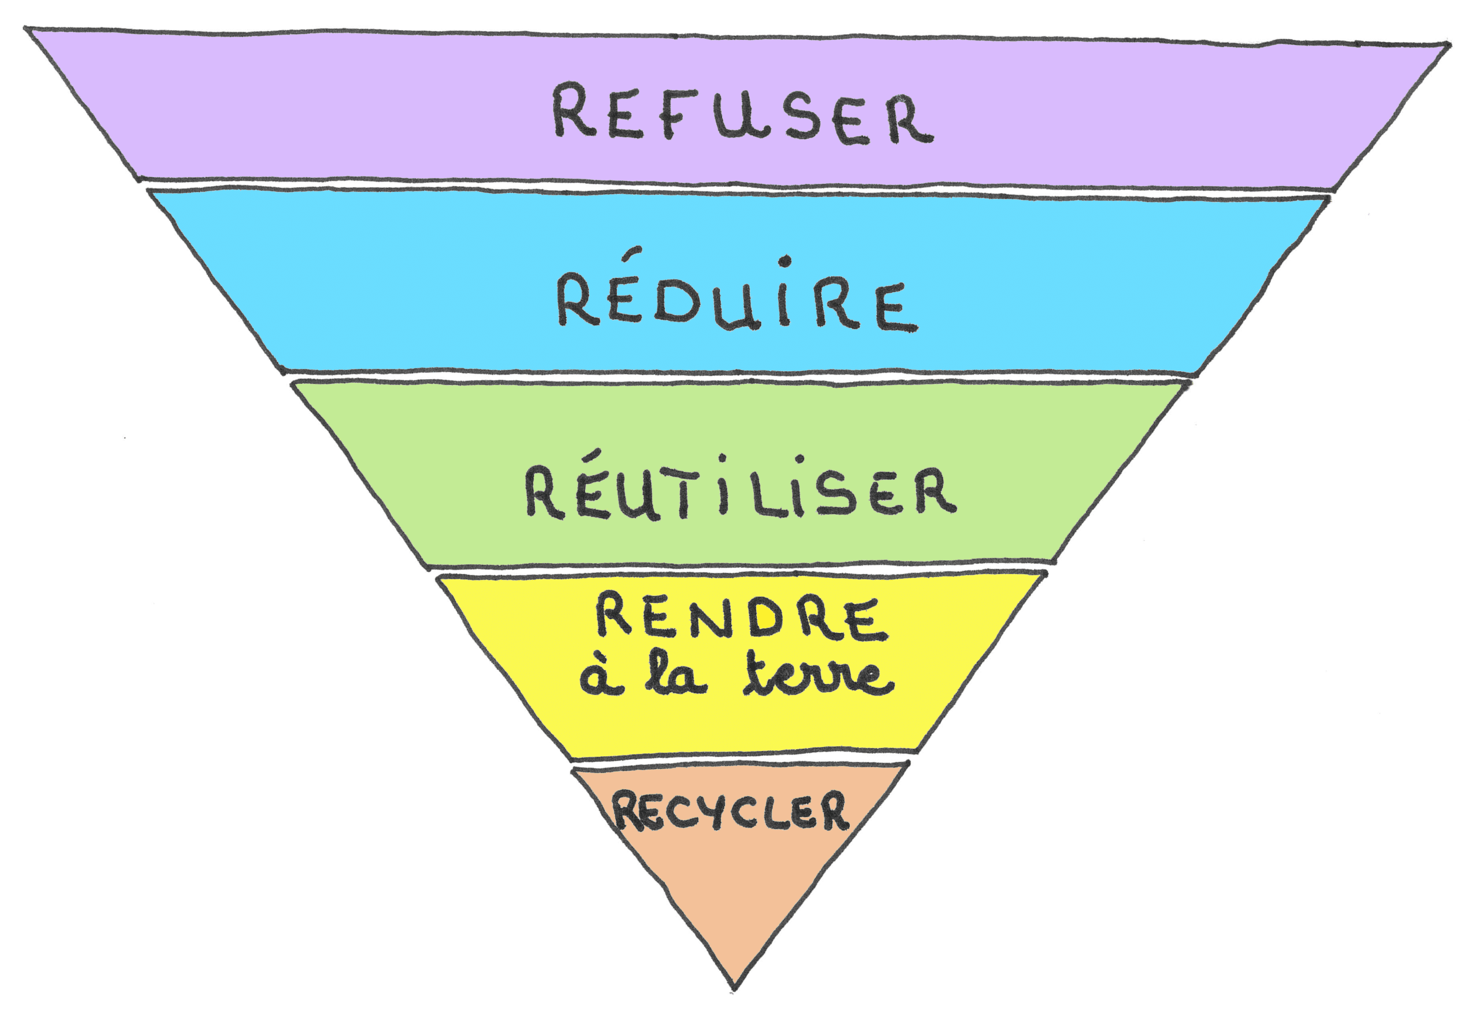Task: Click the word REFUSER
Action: pyautogui.click(x=742, y=114)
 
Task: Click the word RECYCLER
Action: pyautogui.click(x=731, y=811)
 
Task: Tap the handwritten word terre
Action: pyautogui.click(x=818, y=676)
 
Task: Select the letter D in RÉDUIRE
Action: pyautogui.click(x=676, y=304)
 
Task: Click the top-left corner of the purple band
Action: pyautogui.click(x=27, y=29)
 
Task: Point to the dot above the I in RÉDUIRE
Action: pyautogui.click(x=785, y=261)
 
